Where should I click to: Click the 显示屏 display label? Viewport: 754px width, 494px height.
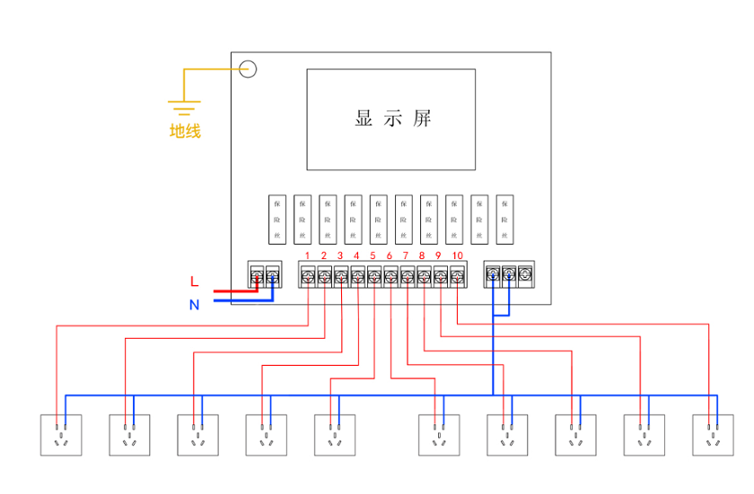click(x=392, y=119)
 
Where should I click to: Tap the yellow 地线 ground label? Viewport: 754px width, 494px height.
click(x=186, y=132)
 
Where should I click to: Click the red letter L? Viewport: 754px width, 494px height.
click(x=194, y=282)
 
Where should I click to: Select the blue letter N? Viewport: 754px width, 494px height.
click(x=194, y=305)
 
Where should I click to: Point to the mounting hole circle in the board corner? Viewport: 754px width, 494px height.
click(x=248, y=69)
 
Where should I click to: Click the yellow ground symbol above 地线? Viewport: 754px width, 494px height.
click(x=184, y=108)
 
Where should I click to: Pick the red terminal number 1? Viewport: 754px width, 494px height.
click(x=307, y=256)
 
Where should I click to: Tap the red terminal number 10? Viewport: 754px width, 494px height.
click(x=457, y=256)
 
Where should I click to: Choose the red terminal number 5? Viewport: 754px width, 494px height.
click(x=373, y=256)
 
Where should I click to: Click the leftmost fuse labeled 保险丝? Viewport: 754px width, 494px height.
click(x=277, y=219)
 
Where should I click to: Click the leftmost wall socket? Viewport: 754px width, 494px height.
click(x=61, y=435)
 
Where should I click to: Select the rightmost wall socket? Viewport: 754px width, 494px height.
click(x=713, y=435)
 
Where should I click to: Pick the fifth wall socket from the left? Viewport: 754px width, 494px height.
click(x=334, y=435)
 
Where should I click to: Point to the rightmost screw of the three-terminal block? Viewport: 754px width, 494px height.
click(x=525, y=274)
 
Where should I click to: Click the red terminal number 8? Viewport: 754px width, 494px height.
click(x=422, y=256)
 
